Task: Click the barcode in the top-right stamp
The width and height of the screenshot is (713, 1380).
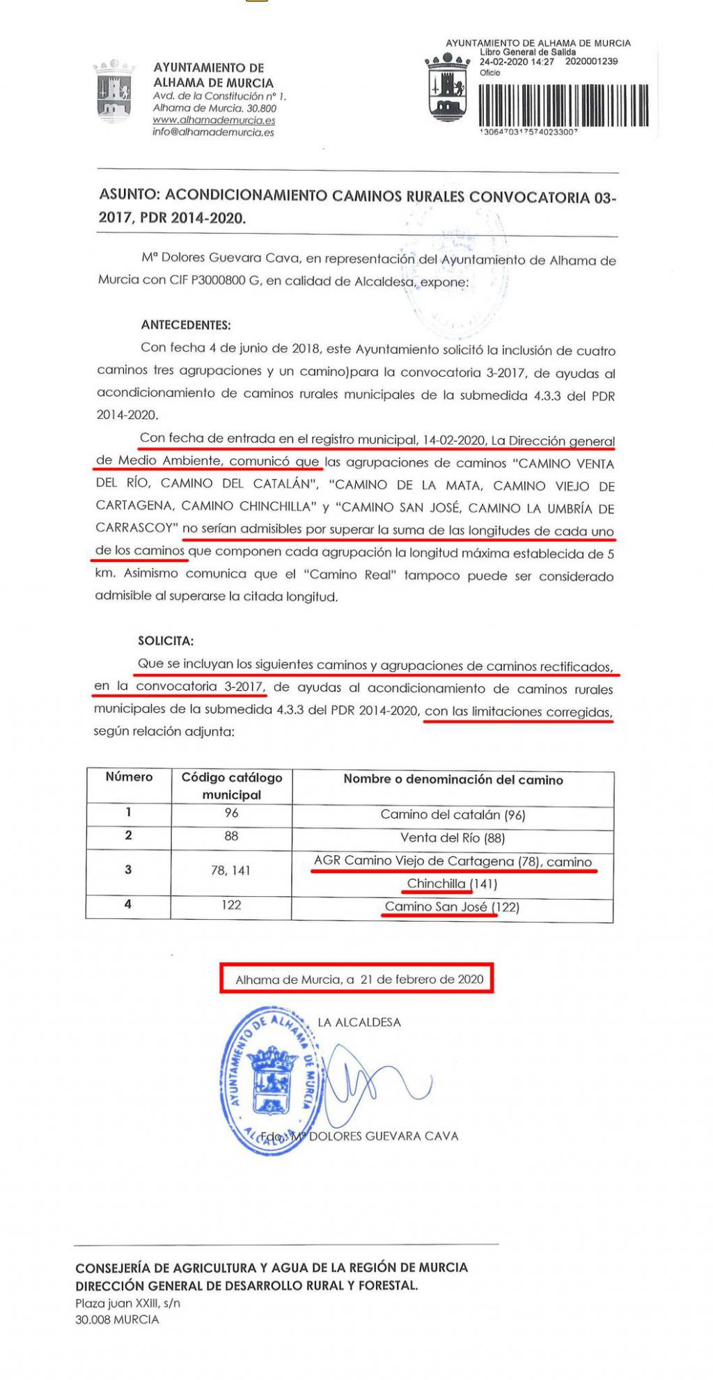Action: tap(563, 105)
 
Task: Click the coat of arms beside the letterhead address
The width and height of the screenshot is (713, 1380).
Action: tap(114, 90)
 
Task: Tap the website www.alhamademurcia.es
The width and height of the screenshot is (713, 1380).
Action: tap(214, 120)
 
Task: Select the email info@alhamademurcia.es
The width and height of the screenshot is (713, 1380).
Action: tap(213, 132)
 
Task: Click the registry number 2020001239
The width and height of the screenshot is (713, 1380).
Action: tap(591, 61)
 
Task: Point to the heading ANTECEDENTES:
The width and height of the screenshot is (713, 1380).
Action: tap(186, 324)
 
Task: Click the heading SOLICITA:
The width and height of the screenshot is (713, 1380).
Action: tap(166, 641)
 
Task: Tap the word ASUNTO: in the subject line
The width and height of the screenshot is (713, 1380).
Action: tap(130, 195)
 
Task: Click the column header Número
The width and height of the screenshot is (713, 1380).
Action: tap(129, 777)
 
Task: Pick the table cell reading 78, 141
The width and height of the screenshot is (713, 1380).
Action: tap(230, 870)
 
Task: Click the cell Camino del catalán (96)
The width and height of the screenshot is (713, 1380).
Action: tap(453, 815)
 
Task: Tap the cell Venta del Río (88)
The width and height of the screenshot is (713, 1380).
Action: tap(453, 838)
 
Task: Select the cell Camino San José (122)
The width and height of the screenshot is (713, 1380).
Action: tap(452, 907)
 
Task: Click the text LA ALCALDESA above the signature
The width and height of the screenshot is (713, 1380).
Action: tap(359, 1022)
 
